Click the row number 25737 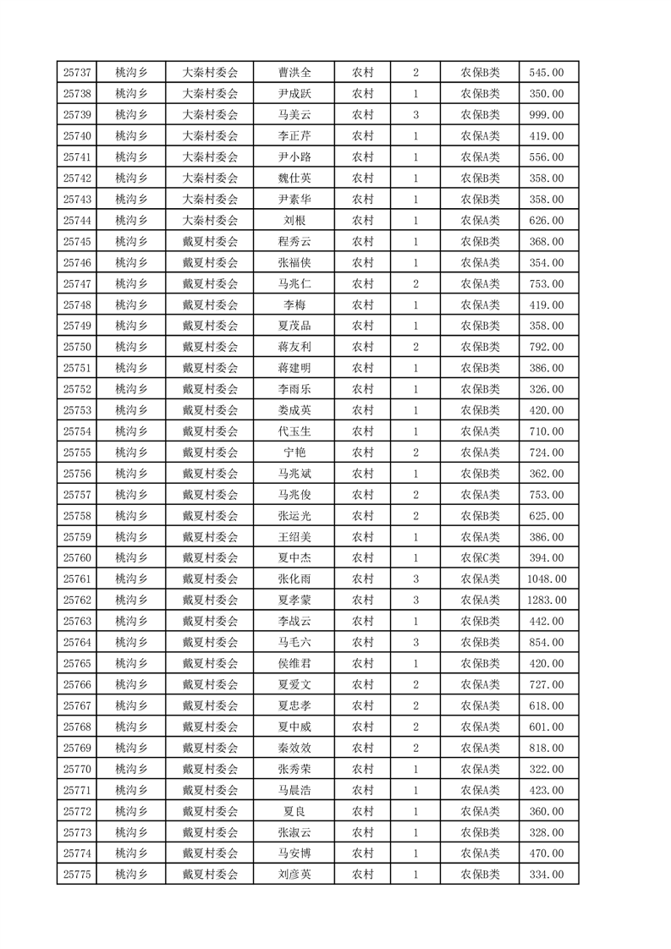tap(77, 73)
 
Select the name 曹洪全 tap(294, 73)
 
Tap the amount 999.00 tap(546, 115)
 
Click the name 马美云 tap(294, 115)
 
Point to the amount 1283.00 tap(546, 601)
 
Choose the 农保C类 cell tap(480, 558)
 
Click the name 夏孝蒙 tap(294, 601)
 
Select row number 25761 tap(77, 579)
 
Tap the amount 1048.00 tap(546, 579)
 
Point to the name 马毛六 tap(294, 643)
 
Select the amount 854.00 tap(546, 643)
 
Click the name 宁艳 tap(294, 453)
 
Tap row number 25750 tap(77, 347)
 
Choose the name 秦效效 tap(294, 748)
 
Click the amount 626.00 tap(546, 221)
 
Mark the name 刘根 tap(294, 221)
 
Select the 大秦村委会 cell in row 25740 tap(211, 136)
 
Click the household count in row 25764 tap(415, 643)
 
